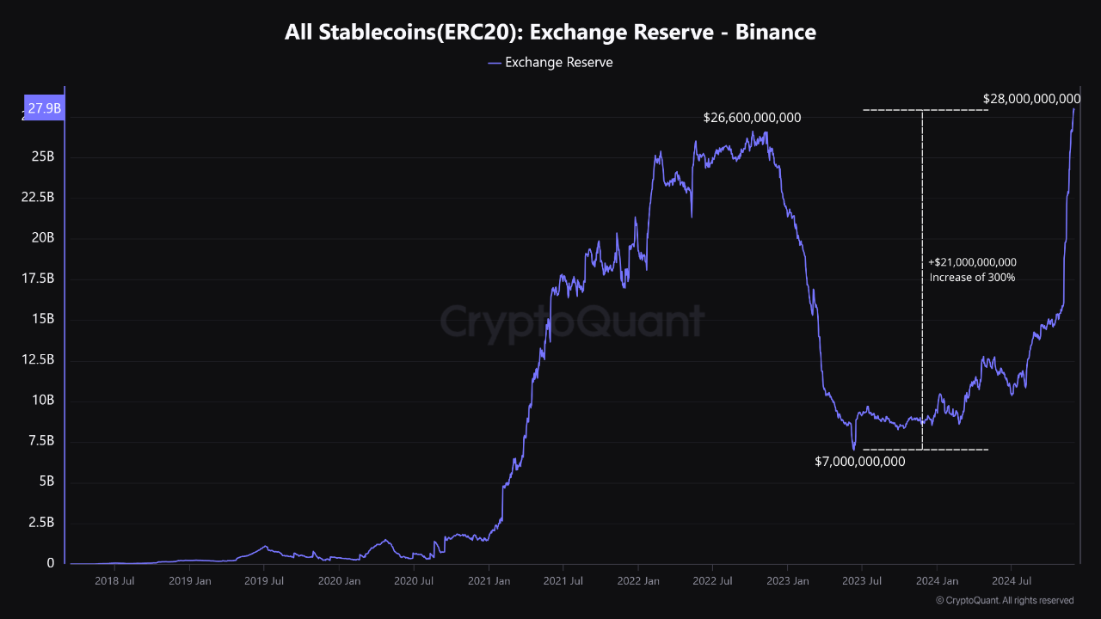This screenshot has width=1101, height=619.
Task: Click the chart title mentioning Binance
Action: (x=550, y=33)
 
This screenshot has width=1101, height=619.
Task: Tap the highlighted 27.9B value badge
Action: (x=44, y=108)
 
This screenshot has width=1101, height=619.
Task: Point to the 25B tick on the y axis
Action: (x=43, y=157)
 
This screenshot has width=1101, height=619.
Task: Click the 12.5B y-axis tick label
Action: (x=39, y=360)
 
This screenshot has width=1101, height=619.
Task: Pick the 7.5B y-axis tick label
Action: (x=41, y=441)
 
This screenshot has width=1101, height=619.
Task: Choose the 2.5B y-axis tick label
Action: (x=41, y=523)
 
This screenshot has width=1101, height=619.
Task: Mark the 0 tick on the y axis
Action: (x=50, y=563)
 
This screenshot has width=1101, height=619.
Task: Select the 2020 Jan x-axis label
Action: (x=340, y=581)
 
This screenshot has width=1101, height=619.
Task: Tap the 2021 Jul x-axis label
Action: (x=563, y=581)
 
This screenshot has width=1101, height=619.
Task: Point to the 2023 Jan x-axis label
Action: (x=788, y=581)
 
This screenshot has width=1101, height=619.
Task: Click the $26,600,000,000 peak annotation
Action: (x=752, y=118)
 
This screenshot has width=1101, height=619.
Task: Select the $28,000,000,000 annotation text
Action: (x=1031, y=99)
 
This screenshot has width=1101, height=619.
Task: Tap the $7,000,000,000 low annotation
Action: (x=859, y=462)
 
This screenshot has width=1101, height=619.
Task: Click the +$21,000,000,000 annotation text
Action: (x=973, y=262)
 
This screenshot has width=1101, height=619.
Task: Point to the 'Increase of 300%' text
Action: (x=972, y=278)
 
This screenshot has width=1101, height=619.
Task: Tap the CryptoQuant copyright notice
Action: (x=1004, y=600)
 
